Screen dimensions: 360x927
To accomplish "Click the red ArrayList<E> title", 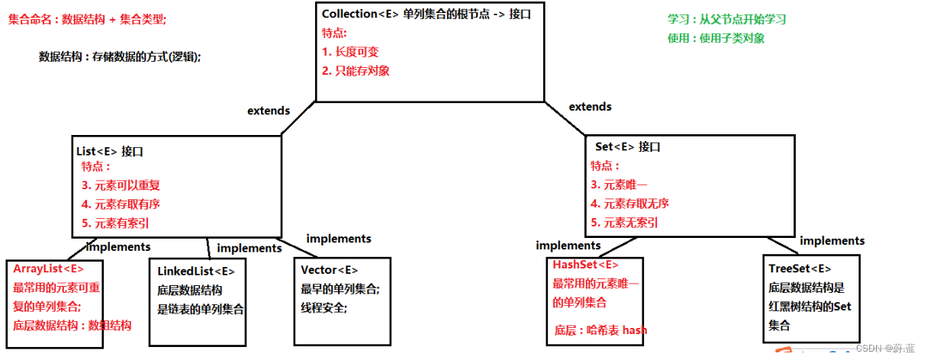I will pyautogui.click(x=49, y=269).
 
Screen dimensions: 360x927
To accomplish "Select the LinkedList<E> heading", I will pyautogui.click(x=196, y=272).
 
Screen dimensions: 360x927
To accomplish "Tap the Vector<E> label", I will pyautogui.click(x=329, y=270).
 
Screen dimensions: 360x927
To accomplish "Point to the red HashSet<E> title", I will pyautogui.click(x=585, y=265).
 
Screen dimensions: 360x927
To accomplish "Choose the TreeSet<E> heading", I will pyautogui.click(x=800, y=268).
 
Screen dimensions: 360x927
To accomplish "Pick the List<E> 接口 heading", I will pyautogui.click(x=110, y=151).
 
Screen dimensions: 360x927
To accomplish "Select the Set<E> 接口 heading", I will pyautogui.click(x=627, y=146).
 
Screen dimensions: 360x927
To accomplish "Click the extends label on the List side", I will pyautogui.click(x=269, y=111).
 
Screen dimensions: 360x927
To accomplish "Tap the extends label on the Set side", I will pyautogui.click(x=590, y=107).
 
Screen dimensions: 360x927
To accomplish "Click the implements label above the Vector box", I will pyautogui.click(x=339, y=239).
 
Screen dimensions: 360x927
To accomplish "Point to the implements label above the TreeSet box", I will pyautogui.click(x=832, y=240).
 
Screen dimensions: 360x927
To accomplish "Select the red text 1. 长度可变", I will pyautogui.click(x=349, y=53).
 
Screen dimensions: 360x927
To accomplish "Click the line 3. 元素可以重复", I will pyautogui.click(x=121, y=185).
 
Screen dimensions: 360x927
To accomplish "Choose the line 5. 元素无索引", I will pyautogui.click(x=624, y=223).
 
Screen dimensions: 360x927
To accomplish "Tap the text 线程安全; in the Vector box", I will pyautogui.click(x=323, y=308).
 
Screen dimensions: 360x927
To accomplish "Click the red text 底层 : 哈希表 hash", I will pyautogui.click(x=601, y=330).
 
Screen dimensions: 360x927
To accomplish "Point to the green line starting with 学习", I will pyautogui.click(x=726, y=20).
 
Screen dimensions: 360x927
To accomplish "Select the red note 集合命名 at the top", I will pyautogui.click(x=87, y=20).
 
